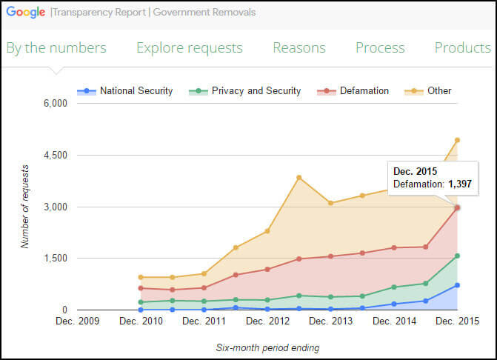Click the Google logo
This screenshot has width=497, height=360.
pyautogui.click(x=26, y=12)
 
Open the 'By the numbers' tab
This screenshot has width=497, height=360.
pyautogui.click(x=56, y=48)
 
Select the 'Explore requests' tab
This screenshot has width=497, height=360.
pyautogui.click(x=189, y=48)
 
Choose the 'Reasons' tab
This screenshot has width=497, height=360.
pyautogui.click(x=298, y=48)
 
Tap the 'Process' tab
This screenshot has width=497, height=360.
pyautogui.click(x=380, y=48)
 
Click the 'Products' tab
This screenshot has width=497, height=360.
pyautogui.click(x=462, y=48)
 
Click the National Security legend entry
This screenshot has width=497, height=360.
pyautogui.click(x=125, y=91)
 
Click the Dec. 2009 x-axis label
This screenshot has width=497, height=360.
pyautogui.click(x=76, y=321)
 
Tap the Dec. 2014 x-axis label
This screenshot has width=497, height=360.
pyautogui.click(x=394, y=321)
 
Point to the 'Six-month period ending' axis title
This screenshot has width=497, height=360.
pyautogui.click(x=267, y=347)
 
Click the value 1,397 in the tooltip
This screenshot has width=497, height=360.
pyautogui.click(x=459, y=184)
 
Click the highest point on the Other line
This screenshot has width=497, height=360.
pyautogui.click(x=457, y=140)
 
